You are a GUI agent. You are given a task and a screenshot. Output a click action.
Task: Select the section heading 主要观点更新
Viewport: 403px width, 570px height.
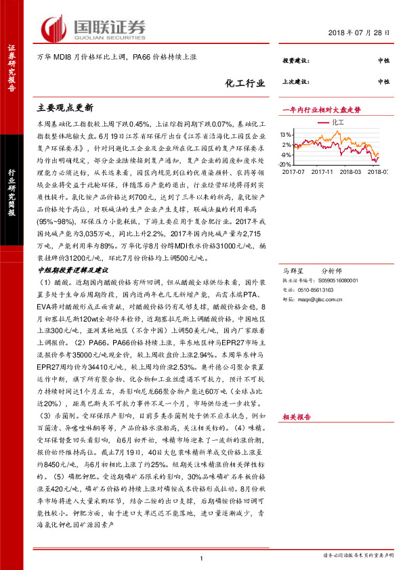64,108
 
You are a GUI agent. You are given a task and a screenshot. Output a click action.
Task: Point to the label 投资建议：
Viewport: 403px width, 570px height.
296,61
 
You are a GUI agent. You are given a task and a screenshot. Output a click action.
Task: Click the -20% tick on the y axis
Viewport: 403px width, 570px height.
286,165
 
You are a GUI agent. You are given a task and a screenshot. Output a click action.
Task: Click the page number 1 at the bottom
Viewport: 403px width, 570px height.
202,558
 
